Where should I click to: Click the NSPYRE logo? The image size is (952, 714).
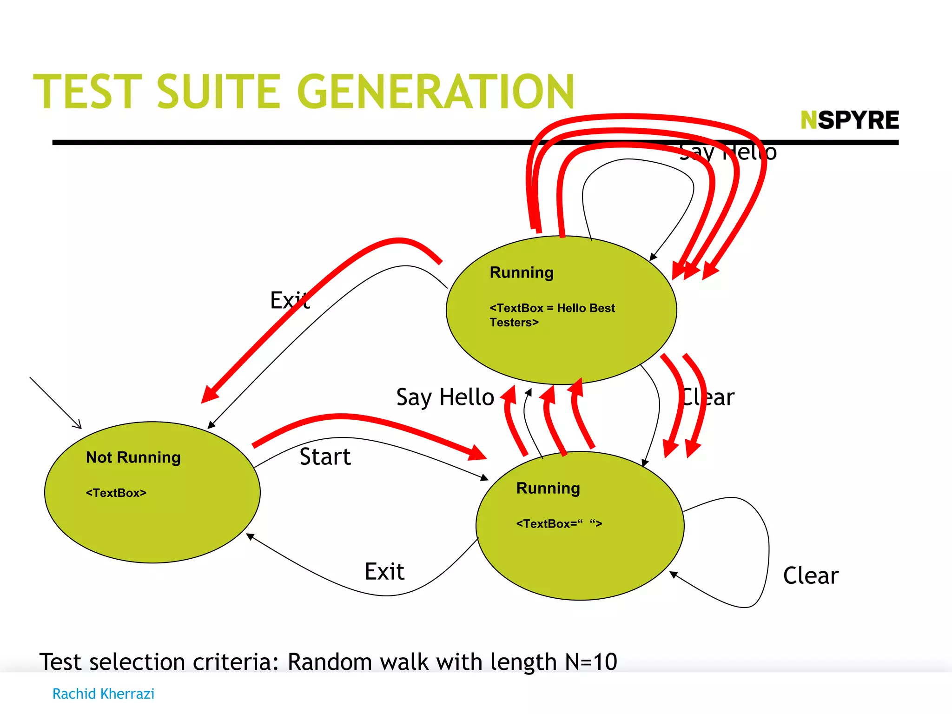849,120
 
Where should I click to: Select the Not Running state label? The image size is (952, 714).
133,457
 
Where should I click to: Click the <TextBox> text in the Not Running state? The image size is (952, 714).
116,493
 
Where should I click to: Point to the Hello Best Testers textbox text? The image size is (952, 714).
552,315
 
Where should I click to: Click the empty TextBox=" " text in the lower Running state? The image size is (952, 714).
559,524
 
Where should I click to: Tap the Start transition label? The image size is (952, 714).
325,456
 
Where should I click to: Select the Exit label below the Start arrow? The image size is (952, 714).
384,571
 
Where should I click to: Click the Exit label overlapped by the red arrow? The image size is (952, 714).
290,300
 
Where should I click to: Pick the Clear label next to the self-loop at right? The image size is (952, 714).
811,575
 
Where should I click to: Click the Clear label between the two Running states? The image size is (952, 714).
707,397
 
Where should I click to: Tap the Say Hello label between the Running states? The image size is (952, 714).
445,397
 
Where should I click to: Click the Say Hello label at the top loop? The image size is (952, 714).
727,152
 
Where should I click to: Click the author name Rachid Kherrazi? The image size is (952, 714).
103,694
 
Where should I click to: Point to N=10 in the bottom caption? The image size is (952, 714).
591,661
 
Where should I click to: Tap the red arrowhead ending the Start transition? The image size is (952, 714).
478,453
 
